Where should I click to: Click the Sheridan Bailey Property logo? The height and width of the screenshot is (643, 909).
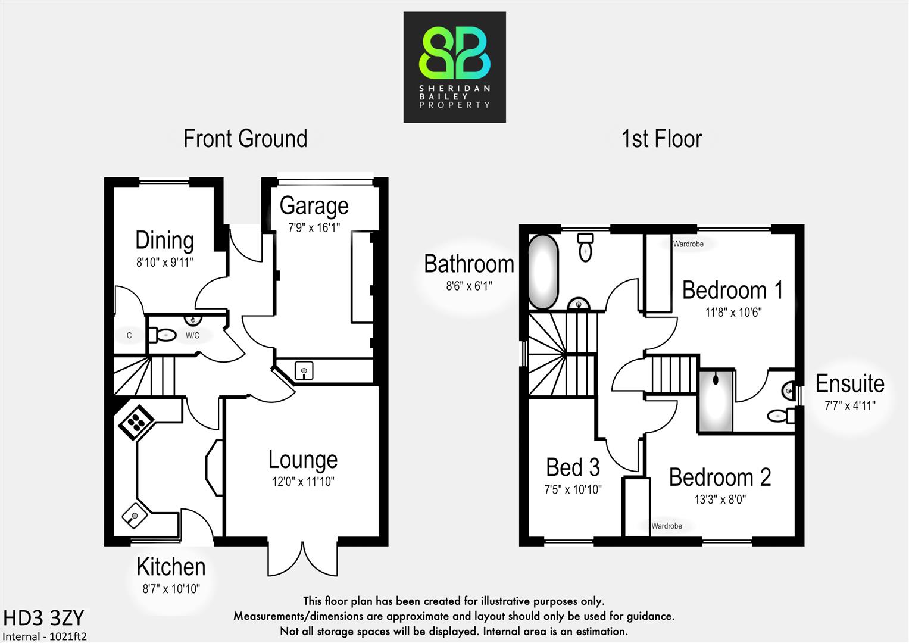pos(454,67)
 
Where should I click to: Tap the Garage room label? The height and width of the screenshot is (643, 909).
pos(314,206)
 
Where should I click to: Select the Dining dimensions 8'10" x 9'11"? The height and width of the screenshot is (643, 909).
pos(165,262)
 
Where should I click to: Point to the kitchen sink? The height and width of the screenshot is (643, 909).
pos(135,516)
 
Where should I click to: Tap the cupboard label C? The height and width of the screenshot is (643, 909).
pos(129,336)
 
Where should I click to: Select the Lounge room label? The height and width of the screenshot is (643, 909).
pos(303,460)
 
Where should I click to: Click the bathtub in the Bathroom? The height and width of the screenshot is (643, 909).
pos(543,271)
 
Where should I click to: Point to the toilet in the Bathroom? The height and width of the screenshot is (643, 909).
pos(586,246)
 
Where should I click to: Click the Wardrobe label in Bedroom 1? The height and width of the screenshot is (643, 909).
pos(688,244)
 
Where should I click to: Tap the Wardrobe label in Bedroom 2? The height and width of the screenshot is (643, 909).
pos(667,526)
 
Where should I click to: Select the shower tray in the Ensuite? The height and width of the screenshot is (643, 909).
pos(716,401)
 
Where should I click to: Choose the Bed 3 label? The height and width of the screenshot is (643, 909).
pos(573,468)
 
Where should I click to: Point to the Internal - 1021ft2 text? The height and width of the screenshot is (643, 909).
pos(45,636)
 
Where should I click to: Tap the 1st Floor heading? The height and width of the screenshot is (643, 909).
pos(661,139)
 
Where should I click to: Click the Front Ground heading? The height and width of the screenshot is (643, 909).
pos(245,139)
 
